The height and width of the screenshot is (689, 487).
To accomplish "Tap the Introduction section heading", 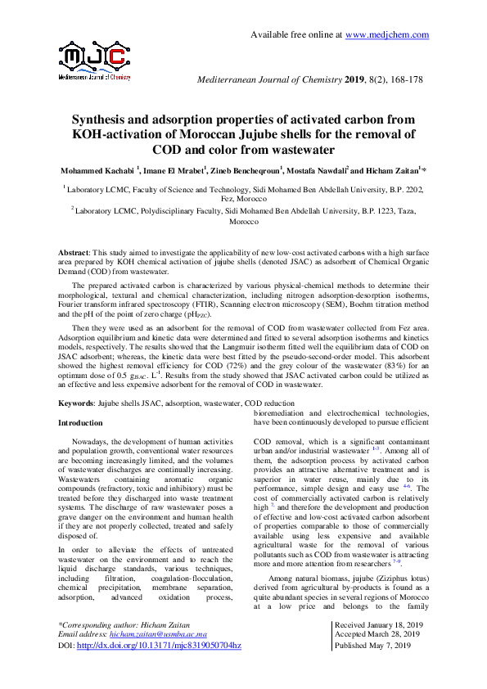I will pyautogui.click(x=80, y=423).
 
